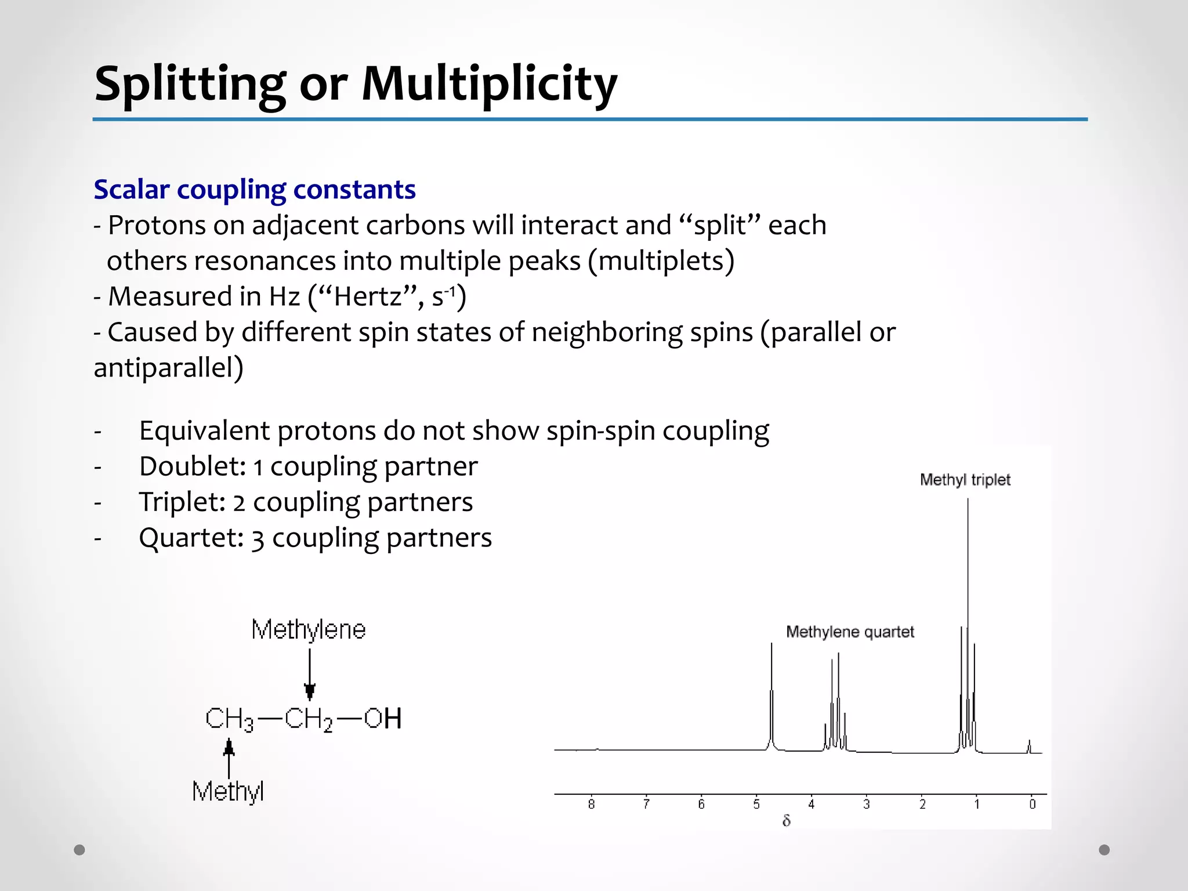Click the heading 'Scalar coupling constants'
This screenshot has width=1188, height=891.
tap(255, 190)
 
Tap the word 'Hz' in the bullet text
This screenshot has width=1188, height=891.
tap(284, 296)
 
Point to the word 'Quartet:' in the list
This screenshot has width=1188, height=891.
tap(191, 538)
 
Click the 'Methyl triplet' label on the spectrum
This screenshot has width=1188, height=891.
tap(965, 480)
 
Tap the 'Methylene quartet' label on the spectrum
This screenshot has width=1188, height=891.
tap(850, 632)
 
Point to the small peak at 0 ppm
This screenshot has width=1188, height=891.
tap(1029, 746)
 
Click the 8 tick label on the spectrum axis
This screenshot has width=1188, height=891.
tap(591, 805)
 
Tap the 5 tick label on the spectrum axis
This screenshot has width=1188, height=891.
tap(756, 805)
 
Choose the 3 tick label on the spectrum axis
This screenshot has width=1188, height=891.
tap(867, 805)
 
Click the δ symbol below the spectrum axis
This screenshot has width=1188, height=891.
tap(786, 821)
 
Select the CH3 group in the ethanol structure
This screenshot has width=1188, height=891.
tap(229, 719)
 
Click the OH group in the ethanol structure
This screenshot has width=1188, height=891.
tap(383, 719)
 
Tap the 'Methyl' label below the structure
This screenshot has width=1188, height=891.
tap(228, 791)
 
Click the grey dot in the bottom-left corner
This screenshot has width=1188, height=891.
tap(79, 850)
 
